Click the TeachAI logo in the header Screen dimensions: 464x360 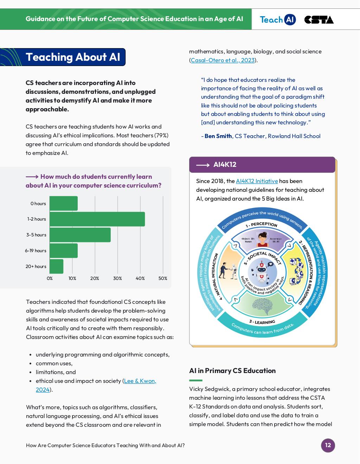pyautogui.click(x=277, y=20)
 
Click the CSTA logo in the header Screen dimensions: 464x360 pyautogui.click(x=319, y=20)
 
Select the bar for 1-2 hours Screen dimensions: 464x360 pyautogui.click(x=97, y=219)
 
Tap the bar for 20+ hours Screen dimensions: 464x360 pyautogui.click(x=57, y=266)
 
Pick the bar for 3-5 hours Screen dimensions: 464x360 pyautogui.click(x=80, y=235)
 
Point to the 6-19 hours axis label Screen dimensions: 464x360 pyautogui.click(x=36, y=250)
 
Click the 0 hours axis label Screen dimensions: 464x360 pyautogui.click(x=38, y=203)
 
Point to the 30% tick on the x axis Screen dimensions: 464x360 pyautogui.click(x=117, y=278)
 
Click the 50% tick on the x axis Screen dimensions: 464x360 pyautogui.click(x=163, y=278)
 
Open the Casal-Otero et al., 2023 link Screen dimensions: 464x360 pyautogui.click(x=223, y=60)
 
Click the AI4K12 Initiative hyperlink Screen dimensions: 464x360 pyautogui.click(x=257, y=181)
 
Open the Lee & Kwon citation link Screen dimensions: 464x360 pyautogui.click(x=140, y=381)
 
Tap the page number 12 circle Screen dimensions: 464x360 pyautogui.click(x=328, y=445)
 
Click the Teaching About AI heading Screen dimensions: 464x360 pyautogui.click(x=73, y=57)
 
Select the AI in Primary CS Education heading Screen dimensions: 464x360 pyautogui.click(x=232, y=371)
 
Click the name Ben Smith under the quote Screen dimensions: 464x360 pyautogui.click(x=218, y=136)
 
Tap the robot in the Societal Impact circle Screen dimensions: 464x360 pyautogui.click(x=262, y=272)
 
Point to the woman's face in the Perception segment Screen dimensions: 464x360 pyautogui.click(x=262, y=239)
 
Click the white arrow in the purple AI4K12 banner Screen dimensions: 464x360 pyautogui.click(x=202, y=165)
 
